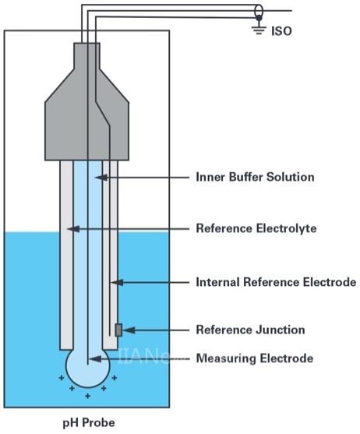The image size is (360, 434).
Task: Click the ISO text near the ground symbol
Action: (x=281, y=31)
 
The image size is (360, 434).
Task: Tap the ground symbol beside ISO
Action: (x=259, y=30)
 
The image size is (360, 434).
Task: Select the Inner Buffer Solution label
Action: (x=255, y=177)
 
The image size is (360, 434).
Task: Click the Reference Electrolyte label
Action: (x=256, y=228)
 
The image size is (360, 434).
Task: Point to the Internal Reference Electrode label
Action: (x=276, y=282)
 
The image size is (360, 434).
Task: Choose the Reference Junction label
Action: (x=250, y=330)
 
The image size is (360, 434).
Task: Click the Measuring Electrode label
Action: (x=255, y=358)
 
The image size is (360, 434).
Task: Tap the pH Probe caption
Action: (x=89, y=423)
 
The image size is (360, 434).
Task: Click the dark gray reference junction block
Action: (x=118, y=330)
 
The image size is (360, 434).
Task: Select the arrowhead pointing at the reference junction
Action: (x=129, y=330)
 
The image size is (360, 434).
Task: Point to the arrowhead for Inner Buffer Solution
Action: (x=101, y=177)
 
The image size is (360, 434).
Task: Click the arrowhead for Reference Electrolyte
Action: (x=73, y=229)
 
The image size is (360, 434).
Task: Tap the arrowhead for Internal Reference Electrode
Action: (x=117, y=283)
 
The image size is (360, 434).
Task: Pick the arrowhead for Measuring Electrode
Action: (x=96, y=359)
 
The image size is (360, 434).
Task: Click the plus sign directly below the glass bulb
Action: (x=88, y=396)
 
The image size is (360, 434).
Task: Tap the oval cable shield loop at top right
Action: (x=259, y=12)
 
